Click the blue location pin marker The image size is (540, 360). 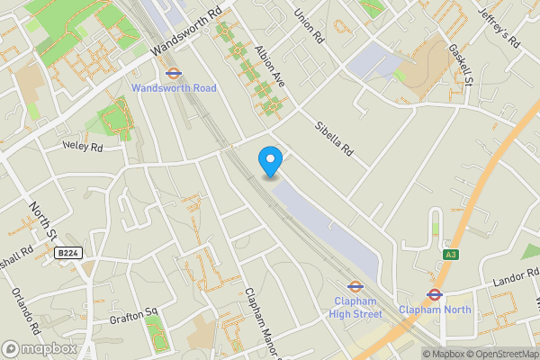click(270, 161)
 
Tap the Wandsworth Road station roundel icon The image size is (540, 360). click(174, 74)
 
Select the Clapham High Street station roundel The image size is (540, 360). click(354, 287)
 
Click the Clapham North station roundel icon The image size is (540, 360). click(434, 294)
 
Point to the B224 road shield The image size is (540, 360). click(68, 254)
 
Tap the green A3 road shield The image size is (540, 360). click(451, 256)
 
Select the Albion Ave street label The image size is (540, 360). click(270, 67)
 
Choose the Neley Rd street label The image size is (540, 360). click(83, 144)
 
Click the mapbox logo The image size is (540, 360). click(40, 348)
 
